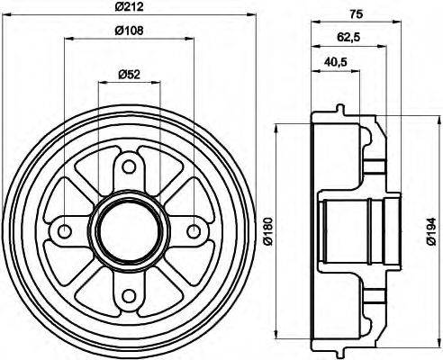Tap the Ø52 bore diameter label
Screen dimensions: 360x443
click(x=128, y=76)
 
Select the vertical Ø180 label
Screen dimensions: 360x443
click(x=267, y=231)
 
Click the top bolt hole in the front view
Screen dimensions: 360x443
click(x=128, y=166)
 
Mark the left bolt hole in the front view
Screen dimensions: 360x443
click(x=65, y=230)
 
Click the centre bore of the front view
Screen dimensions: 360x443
click(x=128, y=230)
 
